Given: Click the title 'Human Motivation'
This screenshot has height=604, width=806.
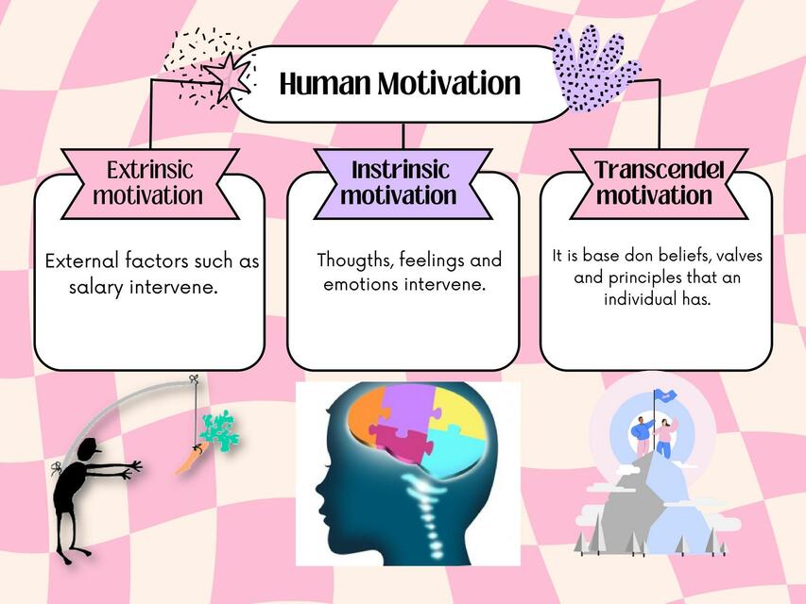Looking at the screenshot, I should coord(400,84).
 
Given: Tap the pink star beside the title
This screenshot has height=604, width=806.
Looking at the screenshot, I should coord(226,75).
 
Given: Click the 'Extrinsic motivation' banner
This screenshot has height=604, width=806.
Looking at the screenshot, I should coord(148,183).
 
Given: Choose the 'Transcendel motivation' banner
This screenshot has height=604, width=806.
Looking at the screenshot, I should coord(654,183).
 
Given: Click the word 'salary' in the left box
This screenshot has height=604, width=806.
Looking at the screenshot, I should coord(98,286).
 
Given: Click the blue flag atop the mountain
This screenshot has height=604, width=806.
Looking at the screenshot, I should coord(668,396).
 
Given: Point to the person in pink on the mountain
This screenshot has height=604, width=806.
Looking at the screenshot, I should coord(664,436).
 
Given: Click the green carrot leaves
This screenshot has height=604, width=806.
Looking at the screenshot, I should coord(218,433).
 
